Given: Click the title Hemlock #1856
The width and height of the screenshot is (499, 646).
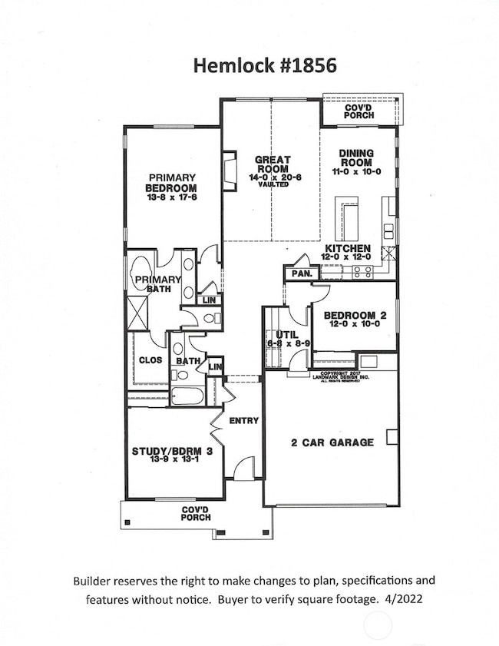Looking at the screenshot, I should (249, 67).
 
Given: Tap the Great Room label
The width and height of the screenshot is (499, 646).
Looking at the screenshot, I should (272, 164).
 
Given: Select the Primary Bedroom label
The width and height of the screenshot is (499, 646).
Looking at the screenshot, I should (172, 182).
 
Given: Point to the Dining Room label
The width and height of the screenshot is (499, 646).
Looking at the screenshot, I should (355, 157).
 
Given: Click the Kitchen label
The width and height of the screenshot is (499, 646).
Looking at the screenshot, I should (348, 249).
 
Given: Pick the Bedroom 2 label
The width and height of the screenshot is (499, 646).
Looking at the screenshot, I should (355, 316).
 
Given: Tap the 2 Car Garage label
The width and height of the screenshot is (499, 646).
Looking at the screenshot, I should (332, 442).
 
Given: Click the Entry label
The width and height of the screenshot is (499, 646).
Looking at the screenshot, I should (244, 420).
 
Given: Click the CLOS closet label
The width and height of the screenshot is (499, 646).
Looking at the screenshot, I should (149, 359).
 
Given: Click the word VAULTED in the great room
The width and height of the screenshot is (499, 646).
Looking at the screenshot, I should (273, 185).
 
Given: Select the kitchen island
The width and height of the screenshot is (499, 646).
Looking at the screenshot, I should (349, 219).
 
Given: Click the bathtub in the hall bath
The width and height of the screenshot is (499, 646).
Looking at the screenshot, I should (187, 396).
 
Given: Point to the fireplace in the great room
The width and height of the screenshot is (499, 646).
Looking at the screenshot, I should (228, 170).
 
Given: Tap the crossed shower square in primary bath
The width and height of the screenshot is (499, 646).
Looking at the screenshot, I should (138, 316).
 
